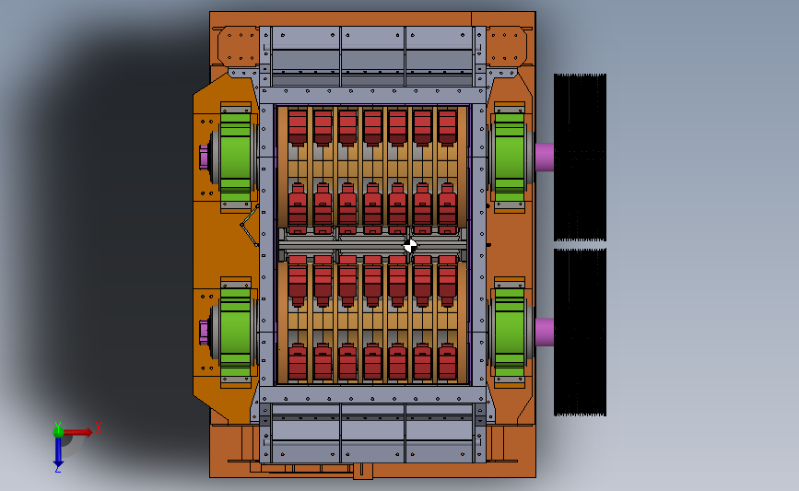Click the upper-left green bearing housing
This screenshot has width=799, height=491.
[235, 157]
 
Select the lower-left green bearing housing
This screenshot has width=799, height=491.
[235, 332]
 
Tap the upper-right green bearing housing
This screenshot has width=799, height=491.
[510, 157]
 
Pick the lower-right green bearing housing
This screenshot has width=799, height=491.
[510, 332]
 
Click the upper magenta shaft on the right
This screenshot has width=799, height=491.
[545, 157]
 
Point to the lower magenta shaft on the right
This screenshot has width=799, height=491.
[545, 332]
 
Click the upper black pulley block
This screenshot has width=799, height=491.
[580, 158]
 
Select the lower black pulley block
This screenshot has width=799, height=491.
[580, 332]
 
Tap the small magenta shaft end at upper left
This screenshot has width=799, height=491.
[204, 157]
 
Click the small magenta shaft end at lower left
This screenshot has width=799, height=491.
[204, 332]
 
